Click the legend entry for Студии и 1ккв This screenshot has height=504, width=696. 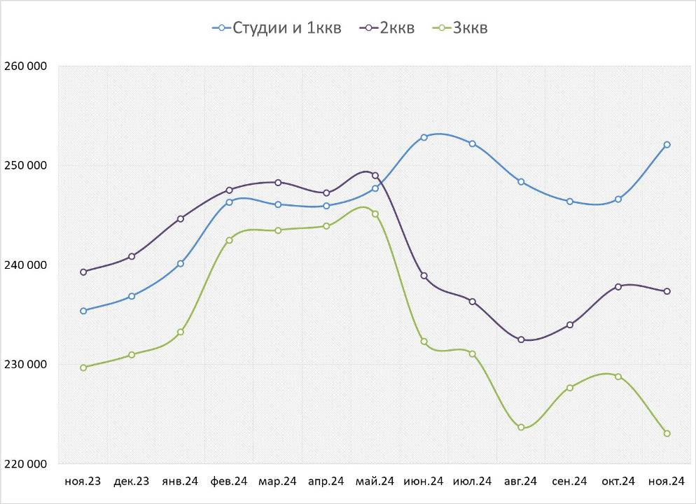277,28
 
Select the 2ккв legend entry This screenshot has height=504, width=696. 387,28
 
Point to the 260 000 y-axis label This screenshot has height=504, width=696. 25,66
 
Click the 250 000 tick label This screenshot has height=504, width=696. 25,166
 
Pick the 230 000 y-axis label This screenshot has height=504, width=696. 25,365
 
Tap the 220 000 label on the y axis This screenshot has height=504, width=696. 25,464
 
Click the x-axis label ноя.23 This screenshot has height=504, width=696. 83,482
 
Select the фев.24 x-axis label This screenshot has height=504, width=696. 229,482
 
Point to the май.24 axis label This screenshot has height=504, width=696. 375,482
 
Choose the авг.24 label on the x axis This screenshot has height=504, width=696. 520,482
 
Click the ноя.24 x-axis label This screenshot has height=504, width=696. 667,482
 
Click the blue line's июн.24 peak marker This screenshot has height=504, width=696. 424,137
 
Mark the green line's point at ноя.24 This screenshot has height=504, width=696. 667,433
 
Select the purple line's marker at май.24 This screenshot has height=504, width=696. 375,176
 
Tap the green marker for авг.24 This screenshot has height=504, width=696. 521,427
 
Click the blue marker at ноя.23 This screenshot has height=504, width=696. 83,311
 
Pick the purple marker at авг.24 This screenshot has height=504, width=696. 521,339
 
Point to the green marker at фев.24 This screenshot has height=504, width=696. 229,240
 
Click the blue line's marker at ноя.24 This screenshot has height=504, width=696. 667,145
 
